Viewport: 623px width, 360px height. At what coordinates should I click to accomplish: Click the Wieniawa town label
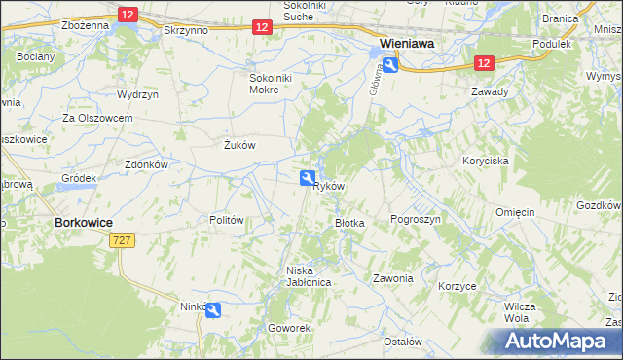pos(407,44)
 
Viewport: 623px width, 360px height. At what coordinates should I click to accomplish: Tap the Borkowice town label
pos(81,222)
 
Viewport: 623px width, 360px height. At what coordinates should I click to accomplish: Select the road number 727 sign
pos(122,240)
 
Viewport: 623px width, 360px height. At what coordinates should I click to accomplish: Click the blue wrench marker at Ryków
pos(307,177)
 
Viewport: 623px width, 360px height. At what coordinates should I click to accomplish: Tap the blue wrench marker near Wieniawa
pos(389,64)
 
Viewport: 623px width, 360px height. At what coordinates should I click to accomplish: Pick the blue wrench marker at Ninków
pos(213,309)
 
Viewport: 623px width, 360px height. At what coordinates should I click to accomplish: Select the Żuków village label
pos(238,145)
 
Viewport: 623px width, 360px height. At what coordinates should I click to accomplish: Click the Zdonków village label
pos(147,164)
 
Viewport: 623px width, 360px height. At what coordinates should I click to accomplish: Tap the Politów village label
pos(226,220)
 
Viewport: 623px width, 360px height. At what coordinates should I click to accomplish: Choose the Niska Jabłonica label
pos(309,276)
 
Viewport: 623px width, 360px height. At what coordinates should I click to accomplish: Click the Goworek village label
pos(289,328)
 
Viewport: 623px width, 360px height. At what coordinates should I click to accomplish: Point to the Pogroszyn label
pos(416,220)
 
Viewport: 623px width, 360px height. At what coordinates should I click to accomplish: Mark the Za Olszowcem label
pos(97,118)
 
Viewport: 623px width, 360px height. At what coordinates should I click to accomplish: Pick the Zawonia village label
pos(393,278)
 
